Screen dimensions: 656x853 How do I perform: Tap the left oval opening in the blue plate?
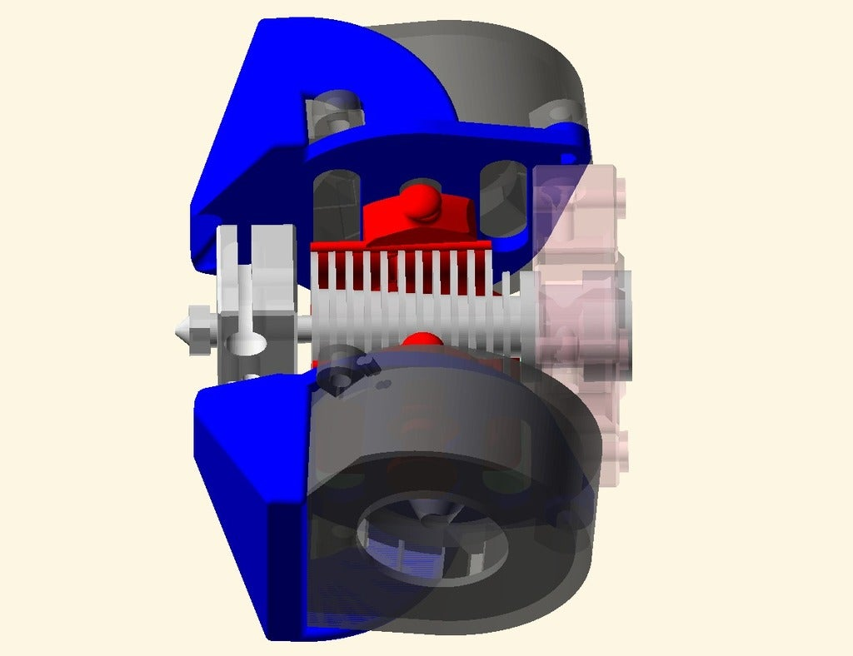tap(336, 204)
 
